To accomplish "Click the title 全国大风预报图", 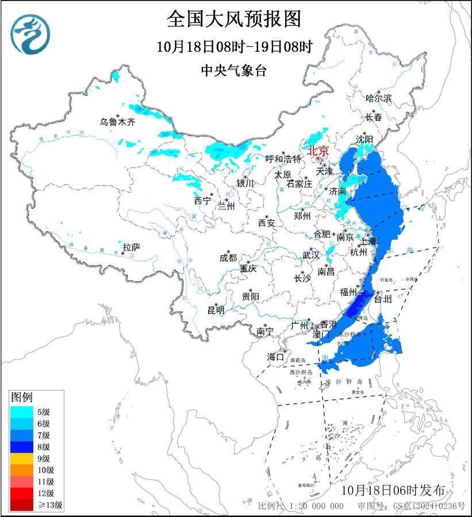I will coord(234,19).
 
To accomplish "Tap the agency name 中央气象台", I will coord(234,71).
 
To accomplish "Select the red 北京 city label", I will coord(318,151).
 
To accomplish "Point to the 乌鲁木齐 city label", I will coord(117,121).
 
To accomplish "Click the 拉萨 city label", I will coord(131,247).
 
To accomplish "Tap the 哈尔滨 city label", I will coord(378,98).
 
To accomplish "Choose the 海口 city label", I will coord(275,357).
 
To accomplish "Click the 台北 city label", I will coord(382,299).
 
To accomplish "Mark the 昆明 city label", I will coord(216,311).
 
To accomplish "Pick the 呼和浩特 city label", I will coord(283,159).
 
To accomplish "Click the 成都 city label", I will coord(228,258).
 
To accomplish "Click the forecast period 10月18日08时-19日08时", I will coord(234,46).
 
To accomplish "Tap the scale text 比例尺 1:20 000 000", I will coord(301,506).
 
